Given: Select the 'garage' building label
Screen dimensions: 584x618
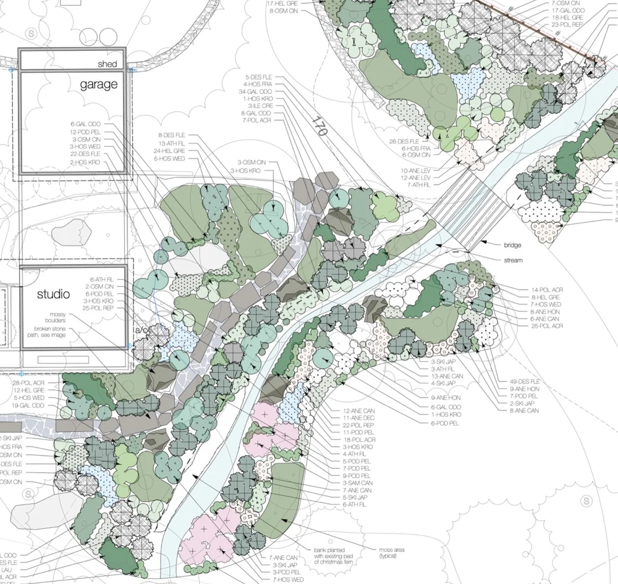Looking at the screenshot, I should [98, 85].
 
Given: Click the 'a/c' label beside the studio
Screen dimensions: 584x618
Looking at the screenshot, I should [140, 332].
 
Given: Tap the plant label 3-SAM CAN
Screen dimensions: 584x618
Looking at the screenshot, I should [358, 483].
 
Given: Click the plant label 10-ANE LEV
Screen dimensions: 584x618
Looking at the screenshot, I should [415, 170].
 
